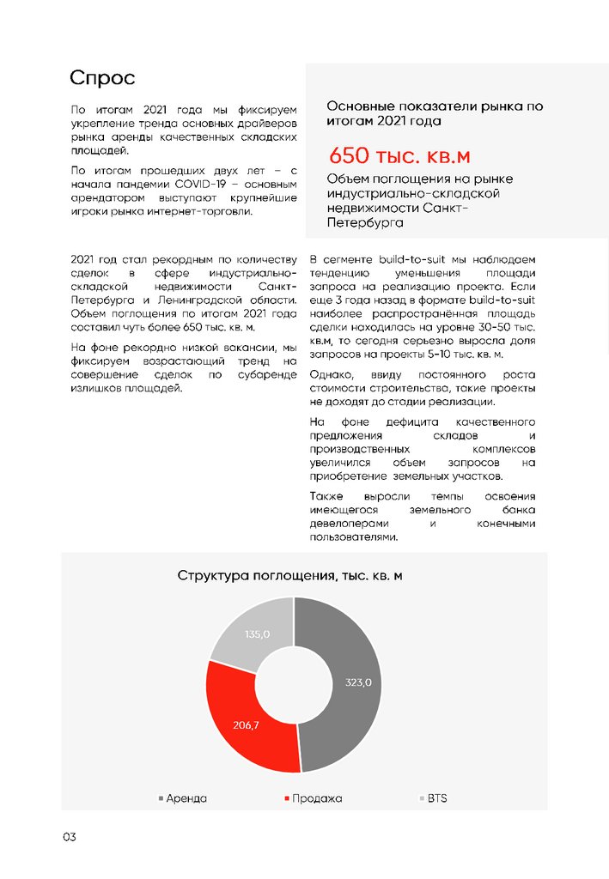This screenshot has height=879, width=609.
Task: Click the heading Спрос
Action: (102, 79)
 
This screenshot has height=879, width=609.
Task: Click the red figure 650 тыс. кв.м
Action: (399, 156)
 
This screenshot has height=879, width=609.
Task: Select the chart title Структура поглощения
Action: (289, 575)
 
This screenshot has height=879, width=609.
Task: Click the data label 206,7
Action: (247, 724)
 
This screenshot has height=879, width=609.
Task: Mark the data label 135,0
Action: (257, 634)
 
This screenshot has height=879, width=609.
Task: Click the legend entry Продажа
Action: (316, 798)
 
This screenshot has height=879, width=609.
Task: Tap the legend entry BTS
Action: (436, 798)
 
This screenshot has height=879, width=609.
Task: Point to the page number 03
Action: (69, 837)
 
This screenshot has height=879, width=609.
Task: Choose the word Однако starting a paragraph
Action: (332, 375)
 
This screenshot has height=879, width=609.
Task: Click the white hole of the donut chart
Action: (294, 684)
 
